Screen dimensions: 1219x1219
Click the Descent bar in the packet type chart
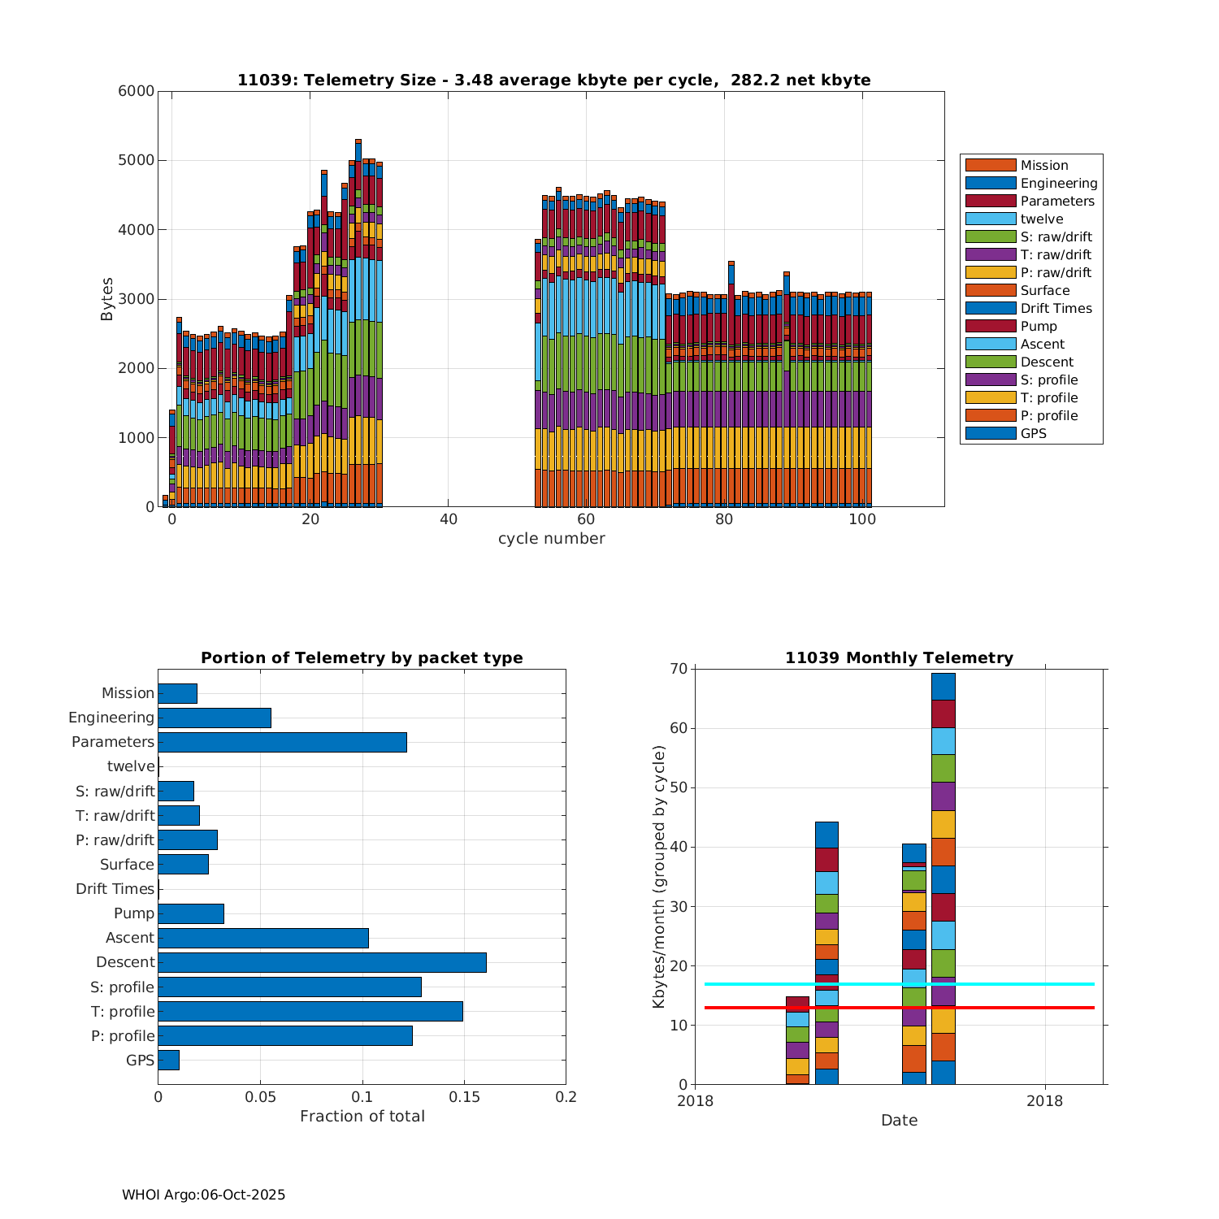[322, 962]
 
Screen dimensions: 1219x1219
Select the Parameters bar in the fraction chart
[282, 742]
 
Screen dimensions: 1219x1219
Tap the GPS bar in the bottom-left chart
[168, 1060]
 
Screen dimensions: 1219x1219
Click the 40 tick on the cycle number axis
[449, 519]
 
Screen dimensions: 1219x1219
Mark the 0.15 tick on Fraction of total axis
[464, 1097]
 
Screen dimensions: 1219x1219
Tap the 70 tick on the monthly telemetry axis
[679, 669]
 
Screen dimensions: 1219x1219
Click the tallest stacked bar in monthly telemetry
[943, 878]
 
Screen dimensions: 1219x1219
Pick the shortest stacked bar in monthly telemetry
[797, 1040]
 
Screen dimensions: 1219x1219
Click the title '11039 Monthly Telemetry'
[899, 658]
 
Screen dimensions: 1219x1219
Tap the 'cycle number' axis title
[551, 539]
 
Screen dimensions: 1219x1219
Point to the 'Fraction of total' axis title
[362, 1117]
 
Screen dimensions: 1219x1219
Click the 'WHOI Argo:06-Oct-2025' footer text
[203, 1195]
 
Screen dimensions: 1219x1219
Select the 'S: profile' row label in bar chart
[122, 987]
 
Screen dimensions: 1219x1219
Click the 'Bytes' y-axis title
[107, 299]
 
